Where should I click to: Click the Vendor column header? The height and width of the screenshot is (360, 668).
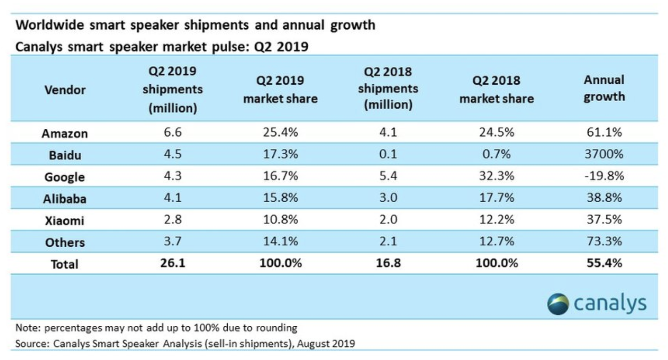pyautogui.click(x=65, y=90)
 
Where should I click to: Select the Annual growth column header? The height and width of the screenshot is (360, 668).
pyautogui.click(x=604, y=88)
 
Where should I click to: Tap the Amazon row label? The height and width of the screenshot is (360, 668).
pyautogui.click(x=65, y=133)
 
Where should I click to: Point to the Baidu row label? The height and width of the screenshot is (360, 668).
pyautogui.click(x=65, y=155)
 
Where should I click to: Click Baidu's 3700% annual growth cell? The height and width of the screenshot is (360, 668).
pyautogui.click(x=604, y=154)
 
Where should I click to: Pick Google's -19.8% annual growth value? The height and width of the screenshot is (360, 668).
pyautogui.click(x=604, y=176)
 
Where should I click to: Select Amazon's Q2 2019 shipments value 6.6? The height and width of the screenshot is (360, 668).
pyautogui.click(x=173, y=132)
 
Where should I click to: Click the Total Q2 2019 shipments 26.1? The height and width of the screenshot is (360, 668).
pyautogui.click(x=173, y=263)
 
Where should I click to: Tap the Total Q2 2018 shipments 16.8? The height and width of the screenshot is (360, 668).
pyautogui.click(x=388, y=263)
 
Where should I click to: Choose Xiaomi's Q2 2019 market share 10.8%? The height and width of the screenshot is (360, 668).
pyautogui.click(x=280, y=219)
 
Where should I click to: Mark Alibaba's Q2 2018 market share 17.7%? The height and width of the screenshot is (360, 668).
pyautogui.click(x=496, y=197)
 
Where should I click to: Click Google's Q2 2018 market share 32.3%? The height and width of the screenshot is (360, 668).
pyautogui.click(x=496, y=176)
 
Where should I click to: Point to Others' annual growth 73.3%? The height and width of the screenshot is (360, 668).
pyautogui.click(x=604, y=241)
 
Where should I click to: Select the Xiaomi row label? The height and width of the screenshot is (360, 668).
pyautogui.click(x=65, y=220)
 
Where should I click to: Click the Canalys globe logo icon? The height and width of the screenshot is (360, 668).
pyautogui.click(x=558, y=304)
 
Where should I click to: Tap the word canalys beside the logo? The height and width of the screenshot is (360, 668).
pyautogui.click(x=610, y=304)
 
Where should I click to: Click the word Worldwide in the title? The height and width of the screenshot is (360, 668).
pyautogui.click(x=50, y=25)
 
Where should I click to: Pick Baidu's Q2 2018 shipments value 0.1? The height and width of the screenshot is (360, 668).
pyautogui.click(x=388, y=154)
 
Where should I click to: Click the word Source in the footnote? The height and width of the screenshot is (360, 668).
pyautogui.click(x=32, y=344)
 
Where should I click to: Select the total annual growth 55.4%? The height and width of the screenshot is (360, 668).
pyautogui.click(x=604, y=263)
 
